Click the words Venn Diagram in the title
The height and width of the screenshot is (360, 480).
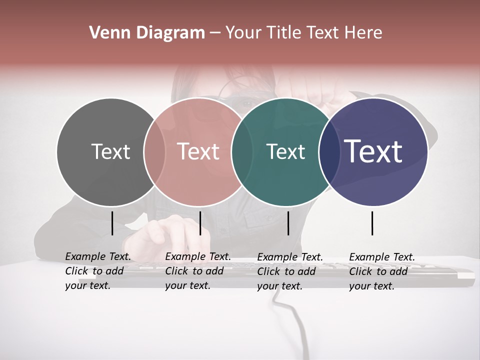(x=147, y=33)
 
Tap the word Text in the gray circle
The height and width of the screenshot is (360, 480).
(x=110, y=151)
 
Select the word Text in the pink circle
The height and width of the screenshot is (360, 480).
(x=198, y=151)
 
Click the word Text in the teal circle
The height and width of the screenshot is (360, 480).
(x=285, y=151)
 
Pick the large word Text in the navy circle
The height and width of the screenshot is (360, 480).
(x=373, y=151)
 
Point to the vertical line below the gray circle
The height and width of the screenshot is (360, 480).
(x=112, y=223)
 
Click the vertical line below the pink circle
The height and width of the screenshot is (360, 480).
(x=200, y=223)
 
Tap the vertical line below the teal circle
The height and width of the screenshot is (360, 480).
(x=288, y=223)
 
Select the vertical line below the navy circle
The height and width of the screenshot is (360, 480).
(x=372, y=223)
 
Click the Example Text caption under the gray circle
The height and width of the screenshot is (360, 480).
(x=98, y=271)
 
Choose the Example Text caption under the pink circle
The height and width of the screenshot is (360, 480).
(x=198, y=271)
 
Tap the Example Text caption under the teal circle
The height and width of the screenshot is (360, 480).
(x=290, y=271)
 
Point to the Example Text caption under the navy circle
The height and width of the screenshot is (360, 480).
(x=382, y=271)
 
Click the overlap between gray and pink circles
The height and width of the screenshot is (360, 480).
(x=154, y=151)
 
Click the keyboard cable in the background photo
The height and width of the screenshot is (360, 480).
(x=295, y=325)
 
